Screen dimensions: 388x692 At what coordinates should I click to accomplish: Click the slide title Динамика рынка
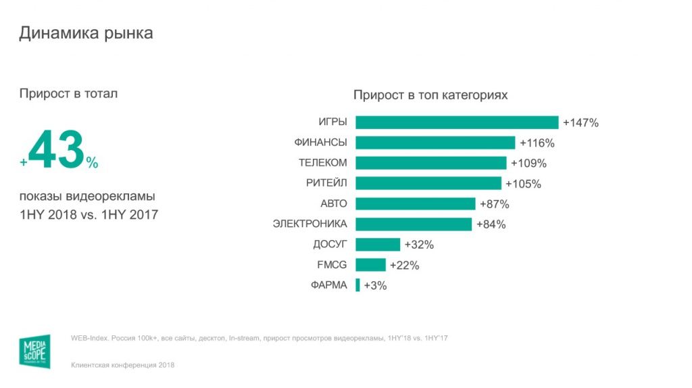pyautogui.click(x=86, y=33)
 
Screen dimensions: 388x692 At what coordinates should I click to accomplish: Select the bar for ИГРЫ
pyautogui.click(x=457, y=122)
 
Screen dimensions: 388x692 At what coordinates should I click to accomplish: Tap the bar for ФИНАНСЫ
pyautogui.click(x=435, y=143)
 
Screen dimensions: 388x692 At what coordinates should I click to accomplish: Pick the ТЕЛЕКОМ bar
pyautogui.click(x=430, y=163)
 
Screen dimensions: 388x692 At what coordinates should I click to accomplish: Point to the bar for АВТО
pyautogui.click(x=415, y=203)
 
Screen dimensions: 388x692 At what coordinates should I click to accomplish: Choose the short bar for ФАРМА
pyautogui.click(x=357, y=285)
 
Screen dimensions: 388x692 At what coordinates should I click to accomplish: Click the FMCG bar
pyautogui.click(x=370, y=265)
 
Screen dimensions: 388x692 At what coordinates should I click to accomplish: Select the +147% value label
pyautogui.click(x=580, y=123)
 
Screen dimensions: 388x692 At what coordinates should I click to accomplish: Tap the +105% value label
pyautogui.click(x=524, y=184)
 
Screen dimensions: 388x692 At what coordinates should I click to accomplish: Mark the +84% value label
pyautogui.click(x=491, y=224)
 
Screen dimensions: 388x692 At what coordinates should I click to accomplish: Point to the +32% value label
pyautogui.click(x=419, y=245)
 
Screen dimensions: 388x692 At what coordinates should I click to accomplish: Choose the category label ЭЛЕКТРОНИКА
pyautogui.click(x=310, y=224)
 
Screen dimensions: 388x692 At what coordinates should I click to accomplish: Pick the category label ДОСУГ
pyautogui.click(x=330, y=244)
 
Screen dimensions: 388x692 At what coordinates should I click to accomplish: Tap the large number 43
pyautogui.click(x=57, y=151)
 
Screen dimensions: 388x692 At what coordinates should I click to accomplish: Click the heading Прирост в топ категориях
pyautogui.click(x=430, y=95)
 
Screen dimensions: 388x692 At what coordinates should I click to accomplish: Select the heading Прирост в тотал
pyautogui.click(x=68, y=94)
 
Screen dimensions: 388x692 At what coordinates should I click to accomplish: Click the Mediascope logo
pyautogui.click(x=34, y=351)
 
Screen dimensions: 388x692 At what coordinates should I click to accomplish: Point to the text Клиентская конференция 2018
pyautogui.click(x=122, y=365)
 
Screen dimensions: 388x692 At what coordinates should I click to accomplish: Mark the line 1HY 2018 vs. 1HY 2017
pyautogui.click(x=89, y=215)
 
